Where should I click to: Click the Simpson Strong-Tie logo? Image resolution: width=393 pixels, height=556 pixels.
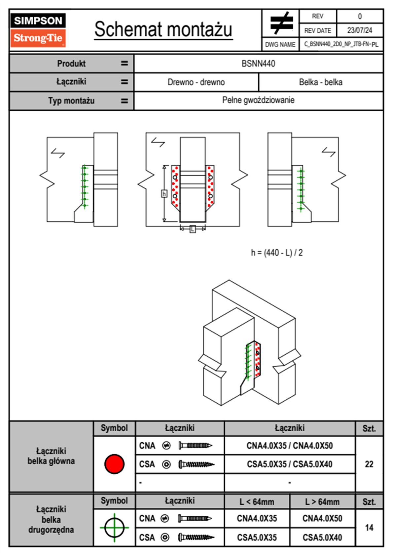(38, 30)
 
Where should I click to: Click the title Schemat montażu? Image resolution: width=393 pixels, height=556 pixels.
(163, 29)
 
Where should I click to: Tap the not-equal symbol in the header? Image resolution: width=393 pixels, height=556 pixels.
(281, 23)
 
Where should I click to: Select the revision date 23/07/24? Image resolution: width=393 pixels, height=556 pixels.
(359, 30)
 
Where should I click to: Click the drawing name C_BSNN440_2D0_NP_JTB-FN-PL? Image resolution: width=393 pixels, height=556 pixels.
(341, 44)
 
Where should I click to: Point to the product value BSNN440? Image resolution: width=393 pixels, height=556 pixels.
(258, 63)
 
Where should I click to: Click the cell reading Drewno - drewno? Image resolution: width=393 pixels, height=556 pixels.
(196, 82)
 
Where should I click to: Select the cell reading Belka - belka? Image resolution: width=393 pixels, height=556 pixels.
(320, 82)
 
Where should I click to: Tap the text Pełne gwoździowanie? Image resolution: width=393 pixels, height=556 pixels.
(258, 100)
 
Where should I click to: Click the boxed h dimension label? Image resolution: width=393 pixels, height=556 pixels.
(164, 194)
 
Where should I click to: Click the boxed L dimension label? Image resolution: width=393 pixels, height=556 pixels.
(193, 229)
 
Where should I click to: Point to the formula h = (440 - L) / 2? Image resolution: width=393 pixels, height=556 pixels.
(277, 253)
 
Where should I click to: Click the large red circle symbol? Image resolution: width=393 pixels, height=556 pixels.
(114, 464)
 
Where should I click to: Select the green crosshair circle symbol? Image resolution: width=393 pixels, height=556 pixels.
(114, 528)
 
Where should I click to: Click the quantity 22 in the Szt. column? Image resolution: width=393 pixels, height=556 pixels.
(369, 464)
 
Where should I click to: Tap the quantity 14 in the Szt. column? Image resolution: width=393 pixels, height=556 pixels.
(369, 528)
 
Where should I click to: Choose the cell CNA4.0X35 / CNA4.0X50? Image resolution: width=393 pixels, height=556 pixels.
(290, 446)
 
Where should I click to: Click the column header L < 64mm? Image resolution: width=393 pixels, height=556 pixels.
(257, 502)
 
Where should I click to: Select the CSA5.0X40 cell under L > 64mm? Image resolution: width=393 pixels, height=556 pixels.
(322, 537)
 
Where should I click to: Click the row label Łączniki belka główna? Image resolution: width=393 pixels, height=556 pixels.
(51, 456)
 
